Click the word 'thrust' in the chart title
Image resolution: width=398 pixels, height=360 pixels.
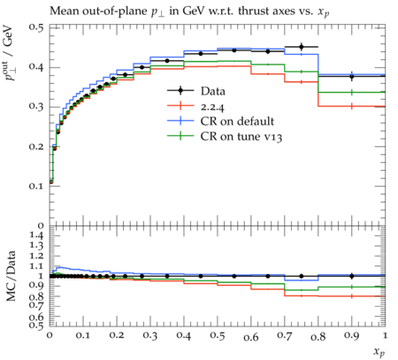point(255,11)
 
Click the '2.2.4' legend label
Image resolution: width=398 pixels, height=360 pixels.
point(212,106)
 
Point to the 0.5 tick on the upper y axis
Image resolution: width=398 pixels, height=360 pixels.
point(36,27)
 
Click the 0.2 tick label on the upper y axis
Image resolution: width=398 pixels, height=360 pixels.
point(36,147)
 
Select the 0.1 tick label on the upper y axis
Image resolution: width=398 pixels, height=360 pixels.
point(36,186)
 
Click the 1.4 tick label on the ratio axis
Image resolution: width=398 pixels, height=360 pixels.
point(36,235)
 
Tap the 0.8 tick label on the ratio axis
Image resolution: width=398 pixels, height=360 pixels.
point(36,296)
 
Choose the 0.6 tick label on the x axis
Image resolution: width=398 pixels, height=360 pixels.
point(251,337)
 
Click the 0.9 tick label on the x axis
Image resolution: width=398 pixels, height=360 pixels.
point(351,335)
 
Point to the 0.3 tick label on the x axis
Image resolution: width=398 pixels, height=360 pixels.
point(150,335)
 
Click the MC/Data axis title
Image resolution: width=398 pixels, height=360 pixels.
point(11,276)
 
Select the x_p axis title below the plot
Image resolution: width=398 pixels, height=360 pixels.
point(379,352)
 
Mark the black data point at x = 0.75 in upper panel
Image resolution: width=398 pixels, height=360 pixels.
point(302,47)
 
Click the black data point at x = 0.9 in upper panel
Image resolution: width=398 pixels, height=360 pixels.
point(351,77)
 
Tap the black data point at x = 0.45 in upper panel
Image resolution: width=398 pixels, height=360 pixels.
point(201,54)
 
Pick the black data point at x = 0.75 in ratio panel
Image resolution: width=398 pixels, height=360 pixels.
point(302,276)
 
